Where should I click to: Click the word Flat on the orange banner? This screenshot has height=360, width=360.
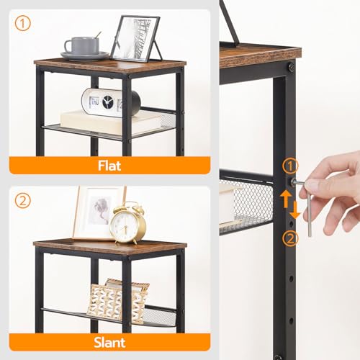click(x=109, y=165)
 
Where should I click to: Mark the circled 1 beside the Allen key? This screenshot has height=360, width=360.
click(x=289, y=167)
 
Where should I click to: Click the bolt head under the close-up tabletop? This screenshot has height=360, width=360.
click(x=291, y=67)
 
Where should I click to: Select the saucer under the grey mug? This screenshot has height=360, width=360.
click(x=85, y=55)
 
